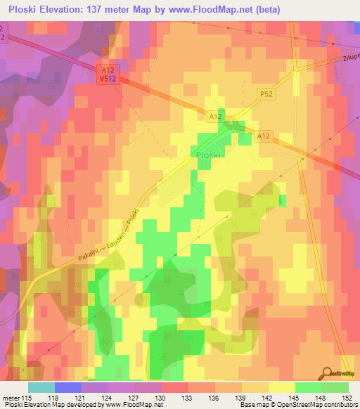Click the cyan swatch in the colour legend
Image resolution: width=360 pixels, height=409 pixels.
point(41,387)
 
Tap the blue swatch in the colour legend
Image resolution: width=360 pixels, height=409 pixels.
point(68,387)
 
